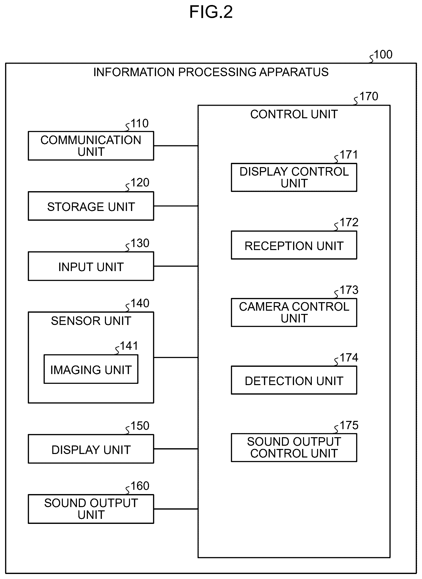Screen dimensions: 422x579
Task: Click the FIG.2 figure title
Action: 211,12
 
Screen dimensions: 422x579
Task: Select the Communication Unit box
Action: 91,146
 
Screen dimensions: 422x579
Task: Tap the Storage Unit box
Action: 91,206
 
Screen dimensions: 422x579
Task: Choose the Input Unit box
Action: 91,266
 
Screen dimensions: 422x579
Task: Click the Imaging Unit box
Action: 91,369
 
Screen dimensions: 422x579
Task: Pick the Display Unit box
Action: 91,449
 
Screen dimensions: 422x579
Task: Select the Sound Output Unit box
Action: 91,509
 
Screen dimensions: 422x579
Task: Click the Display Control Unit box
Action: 294,177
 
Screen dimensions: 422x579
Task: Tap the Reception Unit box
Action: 294,245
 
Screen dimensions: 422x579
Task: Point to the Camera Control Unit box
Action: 294,312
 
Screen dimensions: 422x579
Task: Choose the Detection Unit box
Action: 294,380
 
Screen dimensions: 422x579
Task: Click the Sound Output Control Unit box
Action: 294,448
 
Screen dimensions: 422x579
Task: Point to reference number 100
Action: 383,55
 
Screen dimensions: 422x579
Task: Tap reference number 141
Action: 129,346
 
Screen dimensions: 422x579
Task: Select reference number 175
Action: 349,425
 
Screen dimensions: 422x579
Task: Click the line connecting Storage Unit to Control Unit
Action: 176,206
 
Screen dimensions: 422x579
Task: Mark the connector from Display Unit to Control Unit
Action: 176,449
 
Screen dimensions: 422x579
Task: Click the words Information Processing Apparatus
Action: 211,72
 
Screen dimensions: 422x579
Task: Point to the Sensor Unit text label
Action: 91,321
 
